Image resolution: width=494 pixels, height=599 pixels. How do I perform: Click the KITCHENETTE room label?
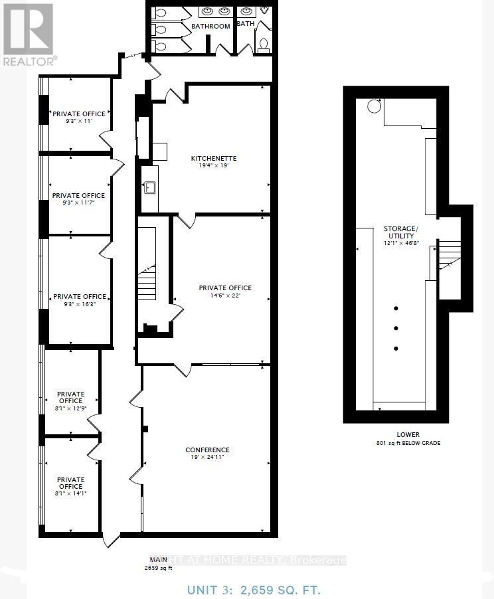[x=214, y=158]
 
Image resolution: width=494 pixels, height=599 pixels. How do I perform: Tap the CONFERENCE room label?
[x=207, y=450]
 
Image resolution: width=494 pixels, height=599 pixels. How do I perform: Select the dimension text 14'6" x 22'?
[x=225, y=296]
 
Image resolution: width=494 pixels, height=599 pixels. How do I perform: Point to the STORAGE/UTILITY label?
[x=398, y=232]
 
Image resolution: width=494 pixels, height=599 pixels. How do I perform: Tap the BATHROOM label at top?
[x=210, y=27]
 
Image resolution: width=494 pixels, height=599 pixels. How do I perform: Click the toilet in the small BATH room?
[x=263, y=44]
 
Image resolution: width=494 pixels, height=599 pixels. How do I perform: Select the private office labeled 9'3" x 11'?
[x=79, y=118]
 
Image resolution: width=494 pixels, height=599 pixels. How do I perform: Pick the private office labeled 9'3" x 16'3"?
[x=79, y=300]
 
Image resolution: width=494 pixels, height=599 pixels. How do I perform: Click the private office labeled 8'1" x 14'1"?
[x=70, y=486]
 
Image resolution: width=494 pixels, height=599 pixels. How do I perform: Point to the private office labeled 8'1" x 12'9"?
[x=70, y=400]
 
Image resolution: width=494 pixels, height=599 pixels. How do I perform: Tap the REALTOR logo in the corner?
[x=28, y=33]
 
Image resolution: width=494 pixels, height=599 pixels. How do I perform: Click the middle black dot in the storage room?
[x=396, y=328]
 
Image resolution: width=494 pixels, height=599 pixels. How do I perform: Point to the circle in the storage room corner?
[x=374, y=106]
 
